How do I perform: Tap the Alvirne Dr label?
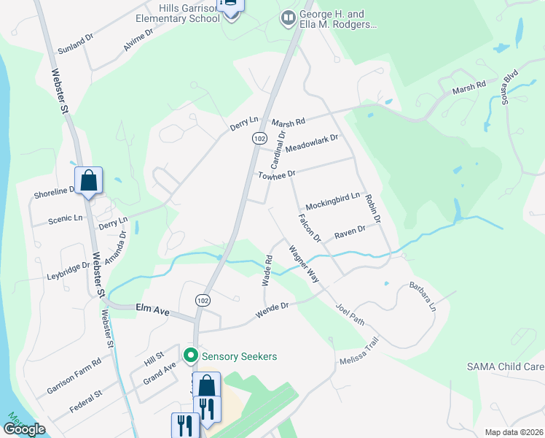(138, 39)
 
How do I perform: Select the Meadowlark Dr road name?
(312, 142)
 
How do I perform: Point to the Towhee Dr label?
(276, 174)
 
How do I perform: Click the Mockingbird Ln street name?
(332, 199)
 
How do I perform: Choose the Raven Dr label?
(349, 234)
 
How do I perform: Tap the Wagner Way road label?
(304, 264)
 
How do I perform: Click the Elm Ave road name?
(152, 311)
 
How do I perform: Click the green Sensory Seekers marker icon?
(192, 356)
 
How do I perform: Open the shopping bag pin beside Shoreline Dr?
(88, 180)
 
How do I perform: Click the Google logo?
(24, 429)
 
